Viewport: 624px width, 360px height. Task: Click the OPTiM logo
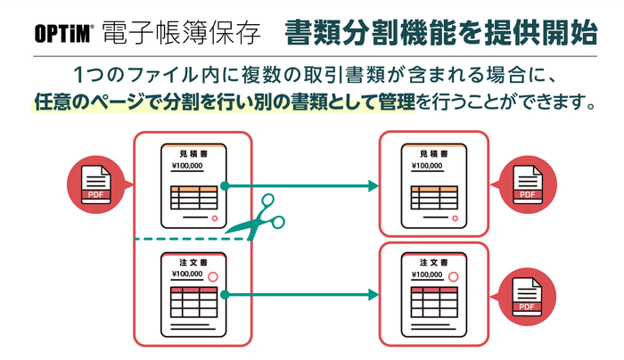coord(62,33)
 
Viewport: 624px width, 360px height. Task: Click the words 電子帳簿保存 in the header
coord(184,33)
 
